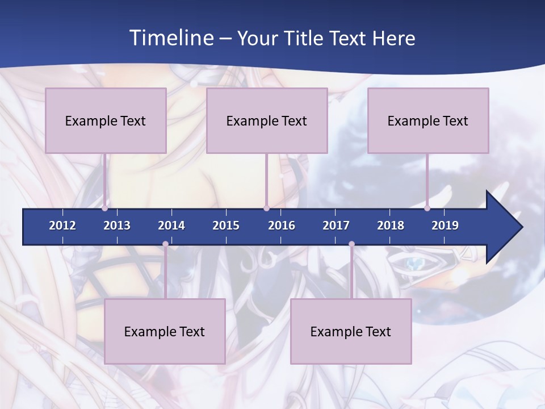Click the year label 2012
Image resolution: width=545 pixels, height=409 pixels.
62,226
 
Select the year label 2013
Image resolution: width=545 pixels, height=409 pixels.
117,226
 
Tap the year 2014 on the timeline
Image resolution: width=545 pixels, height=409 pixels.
171,226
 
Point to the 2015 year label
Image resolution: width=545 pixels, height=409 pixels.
226,226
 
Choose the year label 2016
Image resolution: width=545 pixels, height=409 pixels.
282,226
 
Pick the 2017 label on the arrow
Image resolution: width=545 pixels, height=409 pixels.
336,226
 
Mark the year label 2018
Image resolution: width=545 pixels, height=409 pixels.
391,226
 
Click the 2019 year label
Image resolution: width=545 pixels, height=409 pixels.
445,226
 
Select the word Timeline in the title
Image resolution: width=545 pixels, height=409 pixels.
171,38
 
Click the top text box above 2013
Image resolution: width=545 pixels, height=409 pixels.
106,120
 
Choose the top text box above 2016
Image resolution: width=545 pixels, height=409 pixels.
267,120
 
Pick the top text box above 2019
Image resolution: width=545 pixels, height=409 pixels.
428,120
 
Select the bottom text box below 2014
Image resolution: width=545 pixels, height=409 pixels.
165,331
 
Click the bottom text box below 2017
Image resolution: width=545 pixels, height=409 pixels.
351,331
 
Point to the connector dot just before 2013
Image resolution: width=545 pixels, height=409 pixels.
105,208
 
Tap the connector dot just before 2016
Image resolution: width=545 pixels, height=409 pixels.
266,208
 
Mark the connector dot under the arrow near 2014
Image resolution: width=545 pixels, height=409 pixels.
165,244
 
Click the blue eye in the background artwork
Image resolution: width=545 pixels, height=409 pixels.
416,263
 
